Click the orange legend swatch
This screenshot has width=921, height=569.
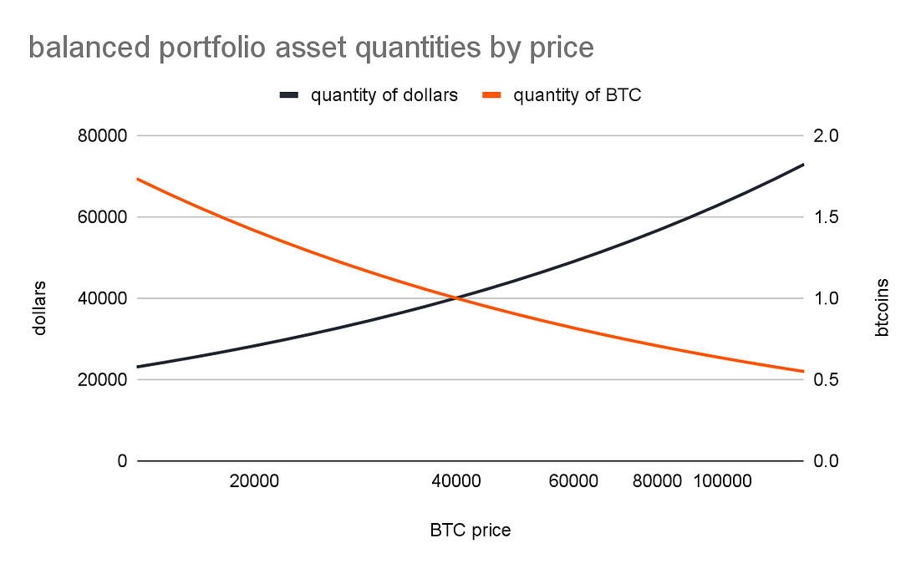point(491,95)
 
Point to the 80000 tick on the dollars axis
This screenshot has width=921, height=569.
point(102,135)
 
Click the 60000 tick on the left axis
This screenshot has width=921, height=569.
point(102,217)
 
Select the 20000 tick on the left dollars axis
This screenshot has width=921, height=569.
point(102,380)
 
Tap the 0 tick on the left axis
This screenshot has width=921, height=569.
point(122,461)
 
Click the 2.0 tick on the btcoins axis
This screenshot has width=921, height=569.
point(826,135)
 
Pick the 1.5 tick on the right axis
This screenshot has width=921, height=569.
point(826,217)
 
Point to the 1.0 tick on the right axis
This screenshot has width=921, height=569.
point(826,298)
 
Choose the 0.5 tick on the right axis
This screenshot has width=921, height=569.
point(826,380)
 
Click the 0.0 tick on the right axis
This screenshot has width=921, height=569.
point(826,461)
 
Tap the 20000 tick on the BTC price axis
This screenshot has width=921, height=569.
point(254,481)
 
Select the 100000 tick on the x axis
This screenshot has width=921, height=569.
point(722,481)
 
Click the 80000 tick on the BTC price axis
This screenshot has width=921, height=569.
point(657,481)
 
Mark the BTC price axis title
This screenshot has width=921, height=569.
point(471,531)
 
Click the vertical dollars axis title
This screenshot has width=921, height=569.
point(38,307)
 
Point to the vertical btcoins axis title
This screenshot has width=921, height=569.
point(882,307)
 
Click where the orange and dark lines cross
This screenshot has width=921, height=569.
point(456,298)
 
